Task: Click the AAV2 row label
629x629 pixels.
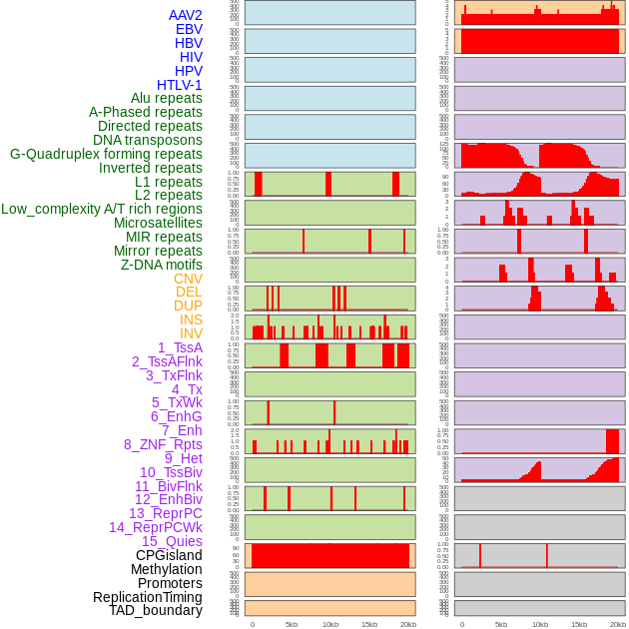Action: coord(186,15)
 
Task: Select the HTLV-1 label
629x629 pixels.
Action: coord(180,85)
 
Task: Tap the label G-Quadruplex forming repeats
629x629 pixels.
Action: coord(106,154)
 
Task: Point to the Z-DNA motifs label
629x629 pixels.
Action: coord(162,265)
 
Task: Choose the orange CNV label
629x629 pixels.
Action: coord(188,279)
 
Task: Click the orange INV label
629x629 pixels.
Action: coord(191,333)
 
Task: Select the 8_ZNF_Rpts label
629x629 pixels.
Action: coord(163,444)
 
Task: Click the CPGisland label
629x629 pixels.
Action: coord(169,555)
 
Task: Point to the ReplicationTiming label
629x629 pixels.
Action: coord(148,597)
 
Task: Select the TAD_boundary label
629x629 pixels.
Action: coord(156,610)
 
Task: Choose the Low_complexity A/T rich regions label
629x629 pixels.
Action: coord(102,209)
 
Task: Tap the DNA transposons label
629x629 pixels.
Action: coord(148,140)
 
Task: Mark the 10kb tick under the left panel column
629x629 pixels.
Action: coord(330,624)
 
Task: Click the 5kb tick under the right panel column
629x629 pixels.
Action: coord(501,624)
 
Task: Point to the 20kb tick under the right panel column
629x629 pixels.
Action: coord(618,624)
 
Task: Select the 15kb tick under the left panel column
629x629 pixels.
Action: coord(369,624)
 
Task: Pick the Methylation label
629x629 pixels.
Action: coord(166,569)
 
